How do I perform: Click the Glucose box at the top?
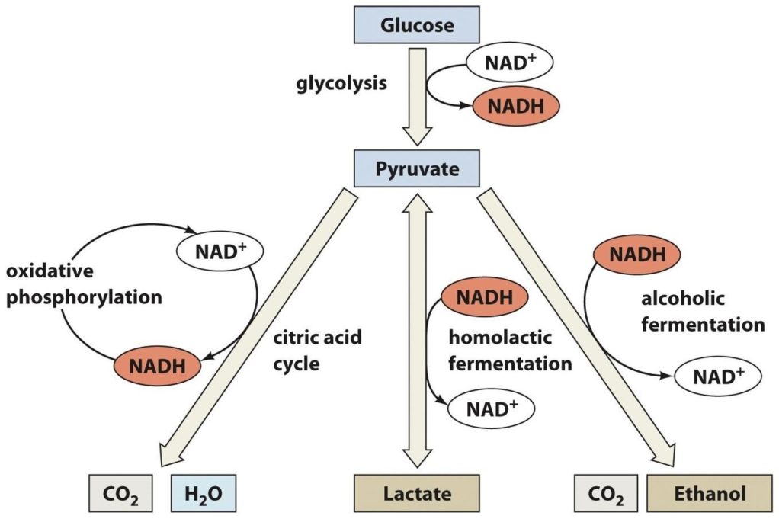pyautogui.click(x=416, y=25)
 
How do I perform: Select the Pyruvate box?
pyautogui.click(x=416, y=168)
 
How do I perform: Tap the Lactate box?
pyautogui.click(x=416, y=494)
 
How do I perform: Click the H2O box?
pyautogui.click(x=204, y=494)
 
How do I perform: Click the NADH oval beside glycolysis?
pyautogui.click(x=515, y=107)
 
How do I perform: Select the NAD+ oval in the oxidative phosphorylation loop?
pyautogui.click(x=219, y=249)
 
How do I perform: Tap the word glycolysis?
pyautogui.click(x=341, y=82)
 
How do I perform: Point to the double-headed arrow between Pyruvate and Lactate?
pyautogui.click(x=416, y=328)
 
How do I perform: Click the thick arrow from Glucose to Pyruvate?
pyautogui.click(x=416, y=95)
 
